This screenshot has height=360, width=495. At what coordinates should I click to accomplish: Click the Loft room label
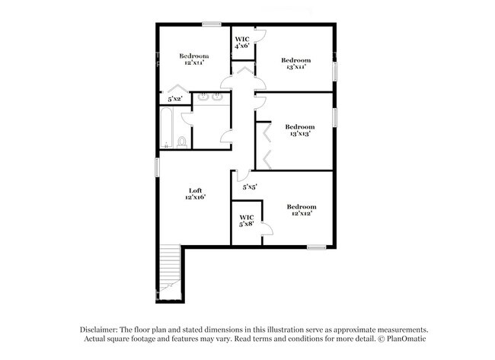[195, 190]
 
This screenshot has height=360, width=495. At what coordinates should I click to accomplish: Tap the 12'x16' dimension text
[196, 197]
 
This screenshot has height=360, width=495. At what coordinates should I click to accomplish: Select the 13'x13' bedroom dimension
[300, 133]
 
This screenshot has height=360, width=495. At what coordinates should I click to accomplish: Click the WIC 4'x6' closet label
[242, 43]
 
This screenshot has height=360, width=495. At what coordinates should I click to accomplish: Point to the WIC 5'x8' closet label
[247, 221]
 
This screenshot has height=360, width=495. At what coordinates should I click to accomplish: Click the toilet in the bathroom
[182, 142]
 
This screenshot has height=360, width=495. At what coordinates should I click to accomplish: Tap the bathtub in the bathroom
[166, 128]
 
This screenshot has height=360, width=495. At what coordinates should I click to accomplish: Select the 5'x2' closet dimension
[175, 99]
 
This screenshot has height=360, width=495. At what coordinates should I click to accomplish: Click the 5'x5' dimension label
[250, 187]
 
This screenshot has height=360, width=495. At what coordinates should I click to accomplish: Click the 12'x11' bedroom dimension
[194, 62]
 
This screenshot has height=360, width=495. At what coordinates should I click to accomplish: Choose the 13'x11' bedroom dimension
[296, 67]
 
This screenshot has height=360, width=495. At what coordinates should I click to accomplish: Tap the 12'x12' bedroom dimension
[302, 213]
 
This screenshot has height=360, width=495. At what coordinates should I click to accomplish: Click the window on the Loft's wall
[157, 167]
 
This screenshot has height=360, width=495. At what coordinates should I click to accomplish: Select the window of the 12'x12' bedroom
[317, 247]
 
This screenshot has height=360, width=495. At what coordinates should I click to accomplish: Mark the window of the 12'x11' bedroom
[212, 24]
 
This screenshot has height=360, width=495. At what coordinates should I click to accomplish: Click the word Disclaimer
[99, 330]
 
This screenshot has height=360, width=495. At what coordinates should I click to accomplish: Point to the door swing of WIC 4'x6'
[261, 36]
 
